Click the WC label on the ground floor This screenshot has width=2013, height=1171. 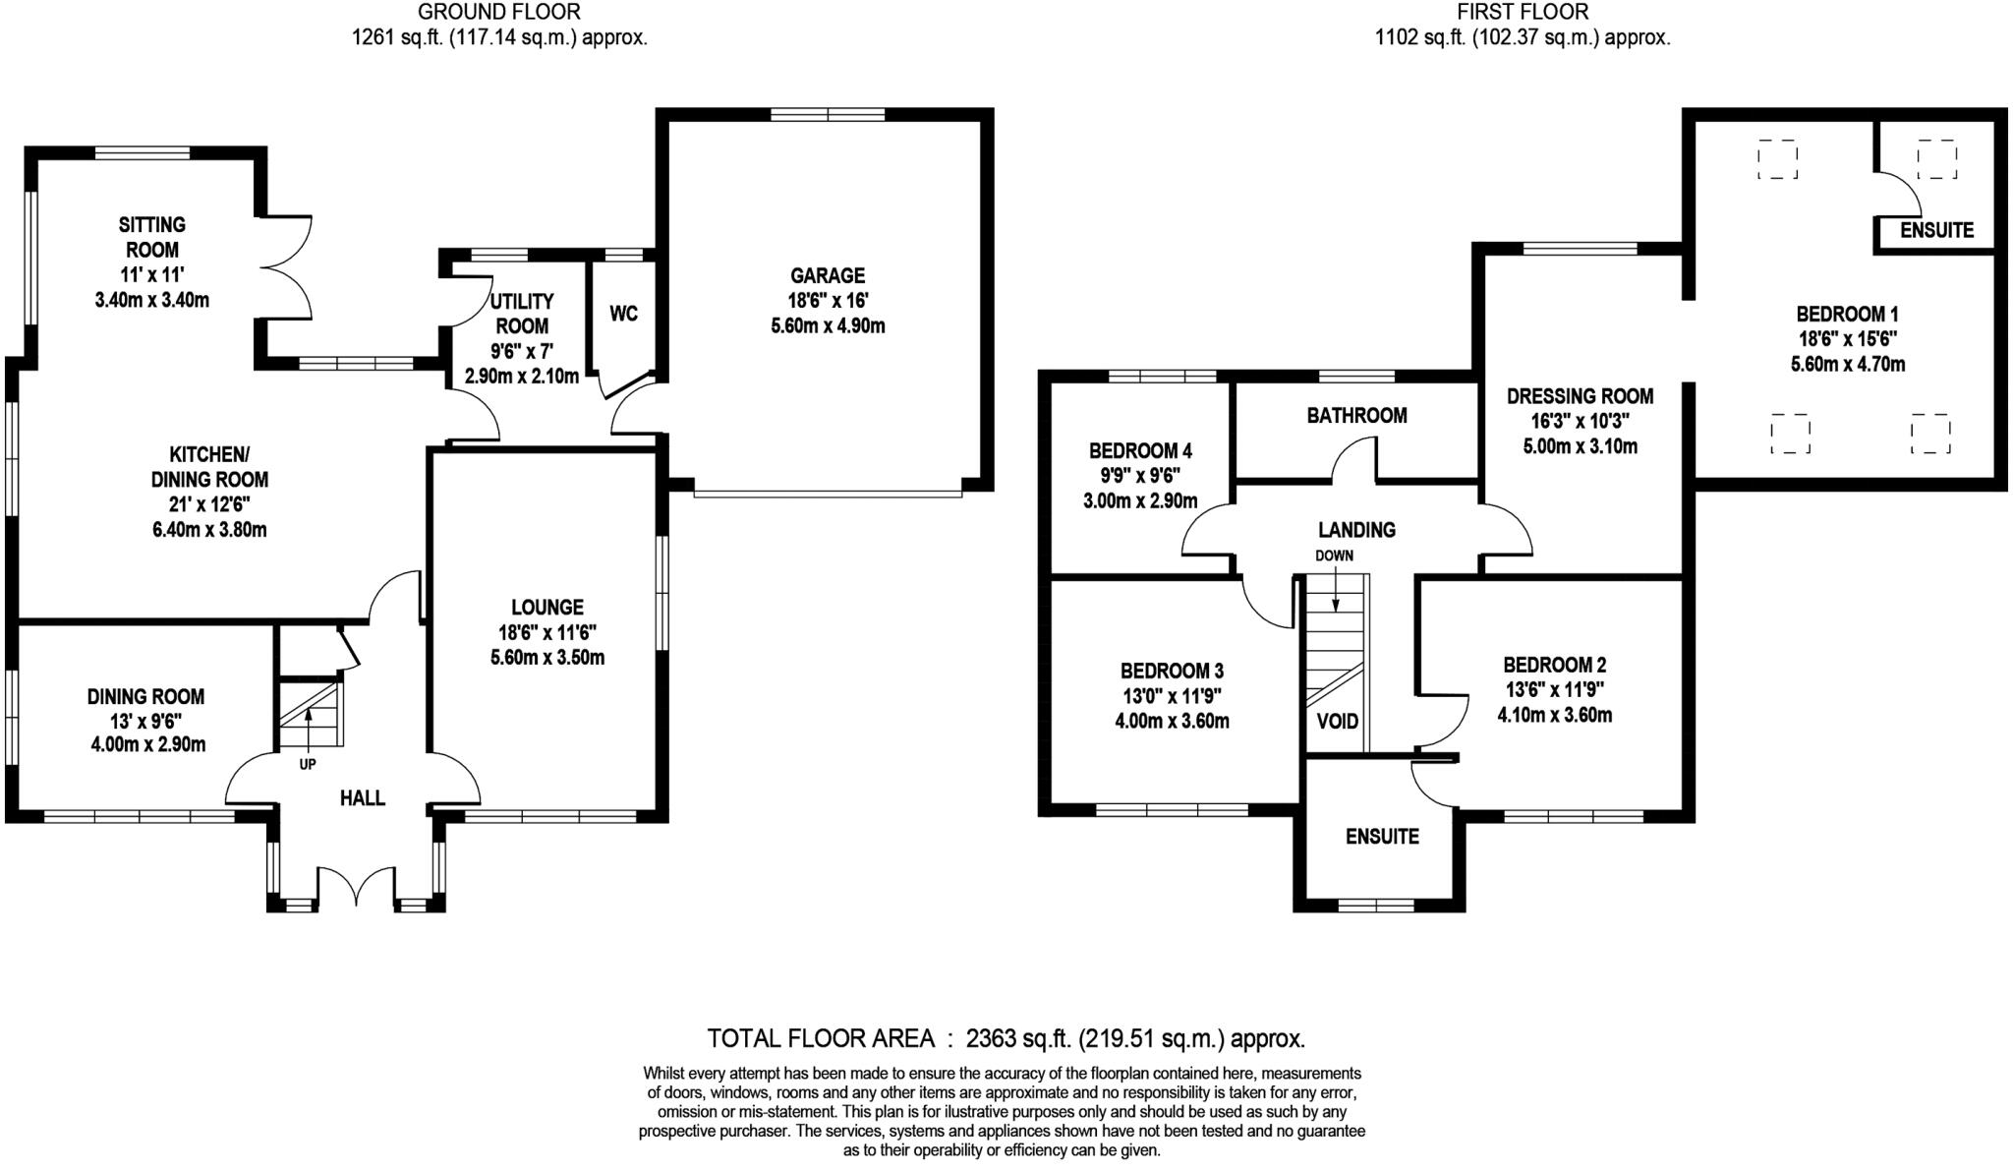pos(623,314)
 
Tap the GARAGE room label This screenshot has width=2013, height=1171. pos(828,275)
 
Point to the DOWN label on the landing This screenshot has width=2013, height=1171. pos(1334,556)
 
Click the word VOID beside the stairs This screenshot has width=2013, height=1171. pos(1337,722)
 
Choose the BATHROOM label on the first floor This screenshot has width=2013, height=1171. pos(1356,416)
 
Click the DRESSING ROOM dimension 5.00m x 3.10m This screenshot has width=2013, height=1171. pos(1580,446)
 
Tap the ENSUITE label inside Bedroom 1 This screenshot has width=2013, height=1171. pos(1936,230)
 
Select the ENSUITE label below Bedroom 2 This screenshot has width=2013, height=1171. pos(1382,837)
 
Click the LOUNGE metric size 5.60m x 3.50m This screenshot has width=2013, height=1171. pos(547,658)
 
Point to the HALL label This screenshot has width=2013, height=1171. pos(362,798)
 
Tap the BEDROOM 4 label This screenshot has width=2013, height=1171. pos(1140,451)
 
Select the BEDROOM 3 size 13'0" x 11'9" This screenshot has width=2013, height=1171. pos(1172,696)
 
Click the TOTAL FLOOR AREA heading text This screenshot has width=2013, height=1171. pos(821,1038)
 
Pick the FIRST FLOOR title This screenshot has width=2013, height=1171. pos(1522,13)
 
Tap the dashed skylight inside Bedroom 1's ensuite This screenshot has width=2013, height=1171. pos(1935,159)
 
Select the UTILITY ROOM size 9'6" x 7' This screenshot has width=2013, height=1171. pos(521,351)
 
